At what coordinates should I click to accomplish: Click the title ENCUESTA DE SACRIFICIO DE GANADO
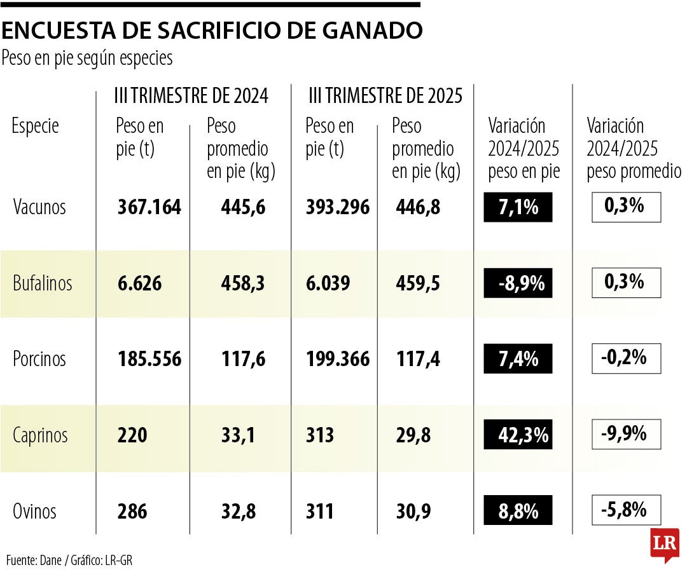[x=212, y=30]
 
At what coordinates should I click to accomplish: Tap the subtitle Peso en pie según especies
[x=87, y=58]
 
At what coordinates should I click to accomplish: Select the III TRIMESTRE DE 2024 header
[x=191, y=96]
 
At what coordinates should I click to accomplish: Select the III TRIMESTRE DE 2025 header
[x=385, y=96]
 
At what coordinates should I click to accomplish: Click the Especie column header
[x=36, y=126]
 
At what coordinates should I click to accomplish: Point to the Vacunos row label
[x=39, y=207]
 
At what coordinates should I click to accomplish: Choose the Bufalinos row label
[x=43, y=283]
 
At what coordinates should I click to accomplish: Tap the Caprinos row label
[x=41, y=435]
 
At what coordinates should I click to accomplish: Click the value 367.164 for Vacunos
[x=149, y=207]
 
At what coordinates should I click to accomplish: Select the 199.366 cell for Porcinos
[x=337, y=359]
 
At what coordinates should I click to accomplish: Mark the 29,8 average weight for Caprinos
[x=413, y=435]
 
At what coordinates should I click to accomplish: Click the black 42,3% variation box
[x=518, y=435]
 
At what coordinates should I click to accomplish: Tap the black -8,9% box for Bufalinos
[x=518, y=283]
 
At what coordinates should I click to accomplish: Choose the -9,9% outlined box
[x=626, y=434]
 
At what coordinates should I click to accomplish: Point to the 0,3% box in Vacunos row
[x=626, y=207]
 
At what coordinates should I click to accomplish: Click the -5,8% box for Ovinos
[x=626, y=510]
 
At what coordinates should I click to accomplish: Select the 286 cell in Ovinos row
[x=132, y=511]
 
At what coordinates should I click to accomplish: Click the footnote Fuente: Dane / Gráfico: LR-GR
[x=69, y=560]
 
